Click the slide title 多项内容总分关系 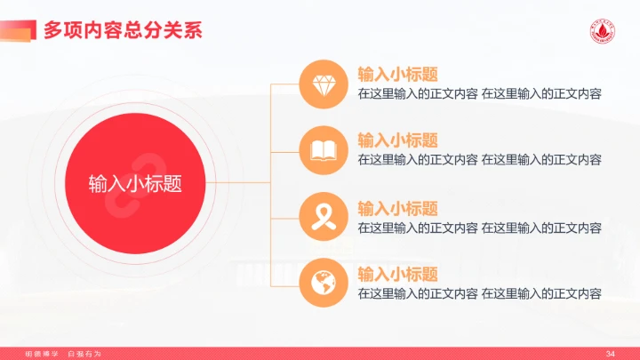(123, 29)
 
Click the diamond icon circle (323, 84)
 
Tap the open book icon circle (323, 150)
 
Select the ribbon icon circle (323, 217)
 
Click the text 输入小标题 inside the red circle (135, 183)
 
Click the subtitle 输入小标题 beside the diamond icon (397, 74)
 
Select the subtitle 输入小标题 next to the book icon (397, 140)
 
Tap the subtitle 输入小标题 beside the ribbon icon (397, 208)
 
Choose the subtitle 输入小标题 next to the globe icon (397, 274)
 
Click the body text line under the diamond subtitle (479, 93)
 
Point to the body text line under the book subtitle (479, 160)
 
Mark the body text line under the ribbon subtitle (479, 228)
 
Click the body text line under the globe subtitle (479, 293)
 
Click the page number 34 (610, 354)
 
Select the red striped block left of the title (18, 29)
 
